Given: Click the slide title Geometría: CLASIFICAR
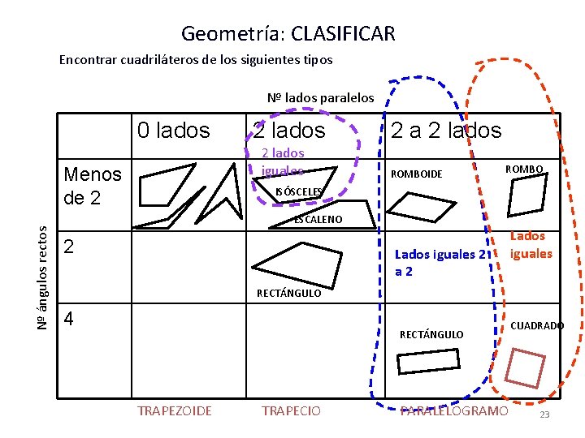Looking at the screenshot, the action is [288, 33].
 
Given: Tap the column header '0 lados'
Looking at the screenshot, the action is [173, 130].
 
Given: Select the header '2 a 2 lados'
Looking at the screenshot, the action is [446, 130].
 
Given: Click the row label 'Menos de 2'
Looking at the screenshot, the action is [92, 185].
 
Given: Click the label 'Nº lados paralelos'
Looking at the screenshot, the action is [321, 97].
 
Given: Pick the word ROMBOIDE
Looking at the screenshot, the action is [417, 174].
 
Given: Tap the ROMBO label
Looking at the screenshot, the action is [524, 169].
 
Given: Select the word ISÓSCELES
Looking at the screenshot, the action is [299, 191].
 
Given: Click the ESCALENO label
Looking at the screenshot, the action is [318, 219].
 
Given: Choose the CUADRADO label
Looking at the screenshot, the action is [537, 325].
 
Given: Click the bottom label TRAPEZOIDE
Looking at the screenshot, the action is [175, 411].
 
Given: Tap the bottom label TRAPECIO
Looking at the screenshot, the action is [291, 411].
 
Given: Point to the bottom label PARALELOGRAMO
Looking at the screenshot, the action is [454, 411].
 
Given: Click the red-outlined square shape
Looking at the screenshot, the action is [524, 368].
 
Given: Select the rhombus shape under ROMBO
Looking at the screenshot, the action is [526, 196].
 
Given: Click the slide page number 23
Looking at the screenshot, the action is [544, 415].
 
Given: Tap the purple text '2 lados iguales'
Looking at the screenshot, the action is [283, 161].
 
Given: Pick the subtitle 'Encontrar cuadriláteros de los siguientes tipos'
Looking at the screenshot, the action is [196, 60].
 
